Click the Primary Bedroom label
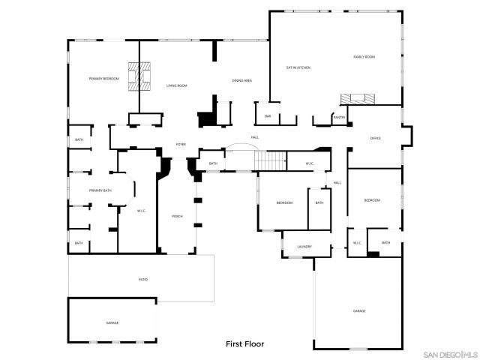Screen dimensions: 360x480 click(104, 79)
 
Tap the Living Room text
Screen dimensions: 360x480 click(176, 86)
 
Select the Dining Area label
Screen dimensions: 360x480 click(241, 80)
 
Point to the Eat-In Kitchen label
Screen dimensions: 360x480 click(298, 67)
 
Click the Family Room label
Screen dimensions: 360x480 click(364, 57)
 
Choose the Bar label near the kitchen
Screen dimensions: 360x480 click(268, 116)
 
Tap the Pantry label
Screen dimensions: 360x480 click(340, 117)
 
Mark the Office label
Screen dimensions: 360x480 click(376, 138)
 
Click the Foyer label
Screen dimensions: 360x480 click(181, 144)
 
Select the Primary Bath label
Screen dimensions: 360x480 click(100, 191)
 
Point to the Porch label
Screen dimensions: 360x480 click(177, 216)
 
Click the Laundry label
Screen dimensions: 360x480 click(304, 246)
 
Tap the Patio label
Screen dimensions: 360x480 click(142, 280)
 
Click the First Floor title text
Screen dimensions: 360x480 click(245, 344)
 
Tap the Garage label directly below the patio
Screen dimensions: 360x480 click(112, 322)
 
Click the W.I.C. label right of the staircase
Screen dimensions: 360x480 click(310, 163)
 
